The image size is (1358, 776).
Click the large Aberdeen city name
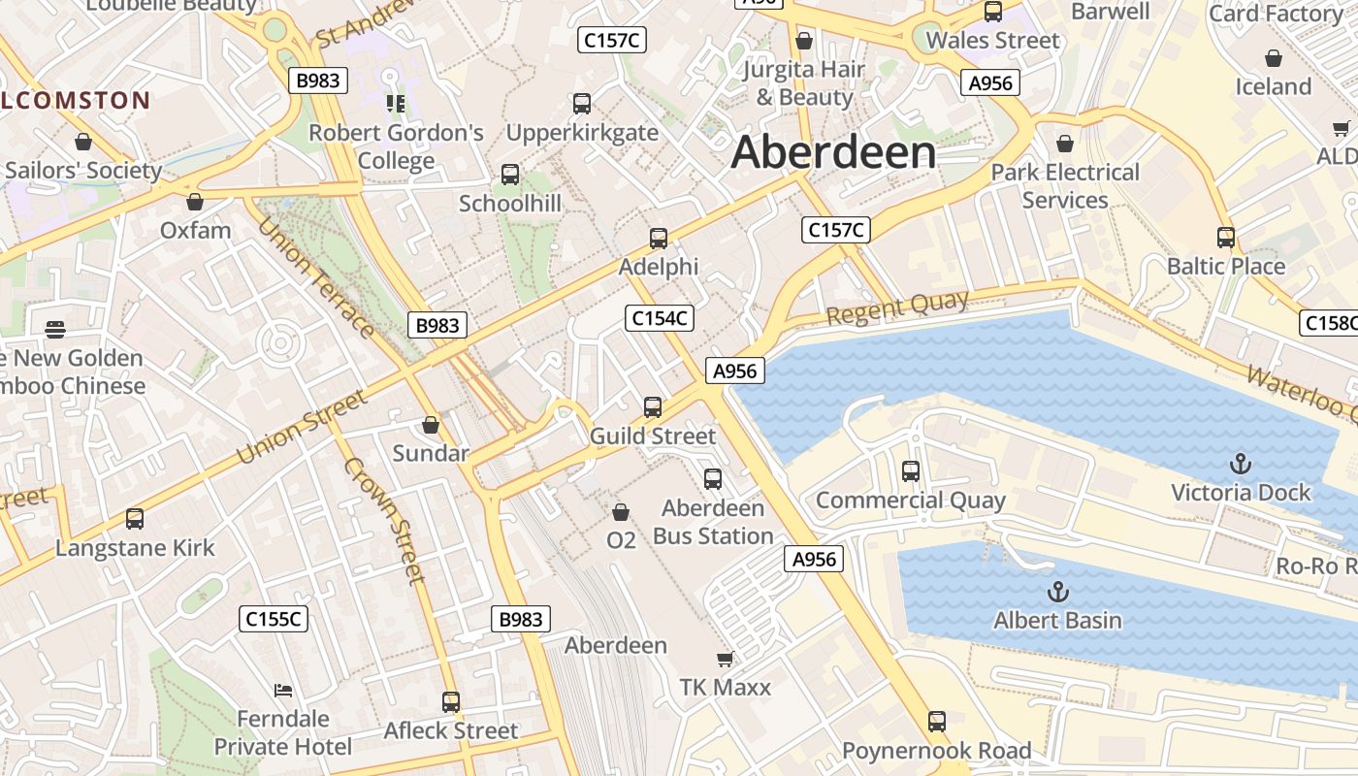tap(834, 152)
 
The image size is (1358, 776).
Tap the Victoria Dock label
tap(1241, 492)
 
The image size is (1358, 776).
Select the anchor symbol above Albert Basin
tap(1058, 591)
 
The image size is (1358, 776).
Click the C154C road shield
tap(660, 317)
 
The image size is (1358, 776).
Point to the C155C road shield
tap(274, 619)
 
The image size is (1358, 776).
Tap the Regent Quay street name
tap(897, 307)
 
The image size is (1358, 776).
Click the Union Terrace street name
tap(316, 276)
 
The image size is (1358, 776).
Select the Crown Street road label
tap(384, 519)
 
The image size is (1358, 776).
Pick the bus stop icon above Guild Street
tap(653, 407)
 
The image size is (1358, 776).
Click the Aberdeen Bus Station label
tap(713, 522)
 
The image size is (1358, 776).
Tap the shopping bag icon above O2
tap(621, 511)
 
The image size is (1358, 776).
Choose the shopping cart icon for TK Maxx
tap(725, 660)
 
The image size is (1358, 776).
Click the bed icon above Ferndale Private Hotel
tap(283, 691)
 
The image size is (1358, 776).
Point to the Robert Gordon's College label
tap(396, 146)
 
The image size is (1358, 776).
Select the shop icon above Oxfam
tap(195, 202)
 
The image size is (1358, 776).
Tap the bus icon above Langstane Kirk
tap(135, 519)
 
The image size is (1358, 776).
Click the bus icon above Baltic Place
tap(1226, 238)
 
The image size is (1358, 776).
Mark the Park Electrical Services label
tap(1065, 186)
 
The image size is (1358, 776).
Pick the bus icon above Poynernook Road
tap(936, 722)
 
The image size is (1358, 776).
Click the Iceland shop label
tap(1273, 86)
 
